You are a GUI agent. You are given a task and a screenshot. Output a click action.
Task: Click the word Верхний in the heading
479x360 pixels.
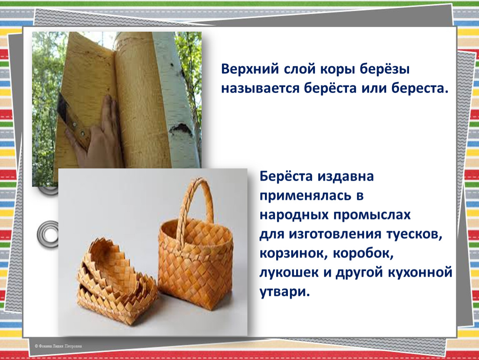250,69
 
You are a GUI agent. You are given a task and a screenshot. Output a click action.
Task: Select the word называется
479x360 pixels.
260,89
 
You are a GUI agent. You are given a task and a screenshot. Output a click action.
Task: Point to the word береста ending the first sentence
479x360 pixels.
420,89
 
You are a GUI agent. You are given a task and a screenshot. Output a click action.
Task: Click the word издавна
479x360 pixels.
345,177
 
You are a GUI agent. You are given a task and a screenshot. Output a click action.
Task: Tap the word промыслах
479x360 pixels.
372,215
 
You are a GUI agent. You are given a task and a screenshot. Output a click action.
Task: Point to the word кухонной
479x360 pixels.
420,273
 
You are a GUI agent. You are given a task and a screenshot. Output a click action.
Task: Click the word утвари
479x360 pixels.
284,292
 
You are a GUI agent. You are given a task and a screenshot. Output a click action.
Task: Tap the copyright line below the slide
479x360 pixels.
58,346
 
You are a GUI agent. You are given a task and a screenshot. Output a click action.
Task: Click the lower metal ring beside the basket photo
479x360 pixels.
47,235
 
